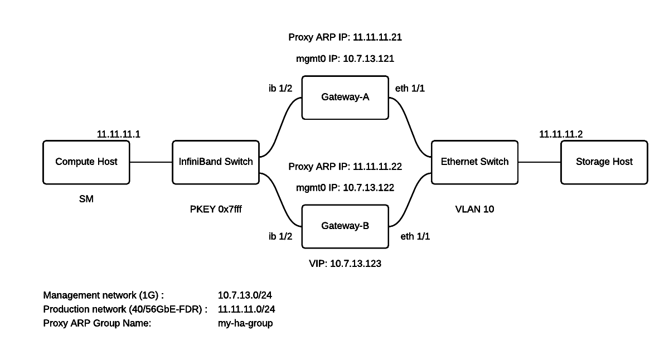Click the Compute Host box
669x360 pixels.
point(86,162)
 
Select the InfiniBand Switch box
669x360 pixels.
point(216,162)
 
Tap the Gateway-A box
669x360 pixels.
point(345,98)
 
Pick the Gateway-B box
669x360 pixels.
point(345,226)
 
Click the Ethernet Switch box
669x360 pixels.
point(474,162)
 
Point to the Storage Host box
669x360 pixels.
point(604,162)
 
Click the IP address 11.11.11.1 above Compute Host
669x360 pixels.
point(118,134)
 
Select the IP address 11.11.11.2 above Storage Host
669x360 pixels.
point(561,134)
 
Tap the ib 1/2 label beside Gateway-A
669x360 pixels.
point(280,88)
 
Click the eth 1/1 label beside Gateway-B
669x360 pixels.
point(415,236)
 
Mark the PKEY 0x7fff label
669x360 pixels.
point(216,210)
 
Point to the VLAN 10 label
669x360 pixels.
point(474,210)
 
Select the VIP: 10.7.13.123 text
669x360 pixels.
point(345,264)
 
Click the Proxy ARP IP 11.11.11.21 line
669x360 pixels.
point(345,38)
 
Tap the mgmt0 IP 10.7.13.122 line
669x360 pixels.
point(345,188)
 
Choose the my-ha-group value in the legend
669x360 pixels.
point(245,323)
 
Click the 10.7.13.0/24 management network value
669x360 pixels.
point(245,295)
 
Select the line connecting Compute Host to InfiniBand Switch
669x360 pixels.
point(151,162)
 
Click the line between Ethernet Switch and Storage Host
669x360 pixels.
point(539,162)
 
